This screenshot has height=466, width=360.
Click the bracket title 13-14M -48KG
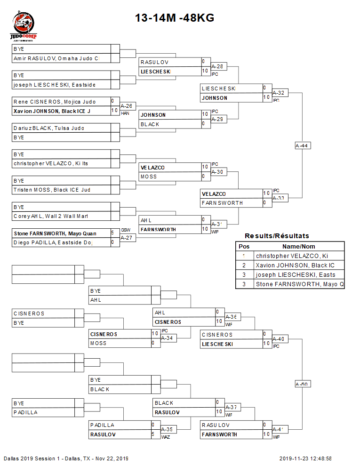pos(175,18)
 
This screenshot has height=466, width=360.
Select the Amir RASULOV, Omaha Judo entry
pos(56,58)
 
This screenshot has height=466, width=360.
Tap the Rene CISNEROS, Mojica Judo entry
pos(55,102)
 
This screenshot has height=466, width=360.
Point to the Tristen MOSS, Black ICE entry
pos(52,190)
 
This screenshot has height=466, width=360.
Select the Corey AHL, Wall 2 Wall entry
pos(51,216)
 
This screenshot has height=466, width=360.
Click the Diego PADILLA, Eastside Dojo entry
pos(53,242)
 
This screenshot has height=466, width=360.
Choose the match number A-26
pos(126,106)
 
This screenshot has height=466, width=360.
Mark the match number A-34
pos(167,338)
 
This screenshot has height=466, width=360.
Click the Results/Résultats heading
pos(277,236)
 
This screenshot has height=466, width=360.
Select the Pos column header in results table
pos(244,246)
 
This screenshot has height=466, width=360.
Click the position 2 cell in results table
pos(244,265)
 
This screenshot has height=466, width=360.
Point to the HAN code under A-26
pos(125,113)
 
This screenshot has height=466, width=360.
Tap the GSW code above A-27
pos(126,230)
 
